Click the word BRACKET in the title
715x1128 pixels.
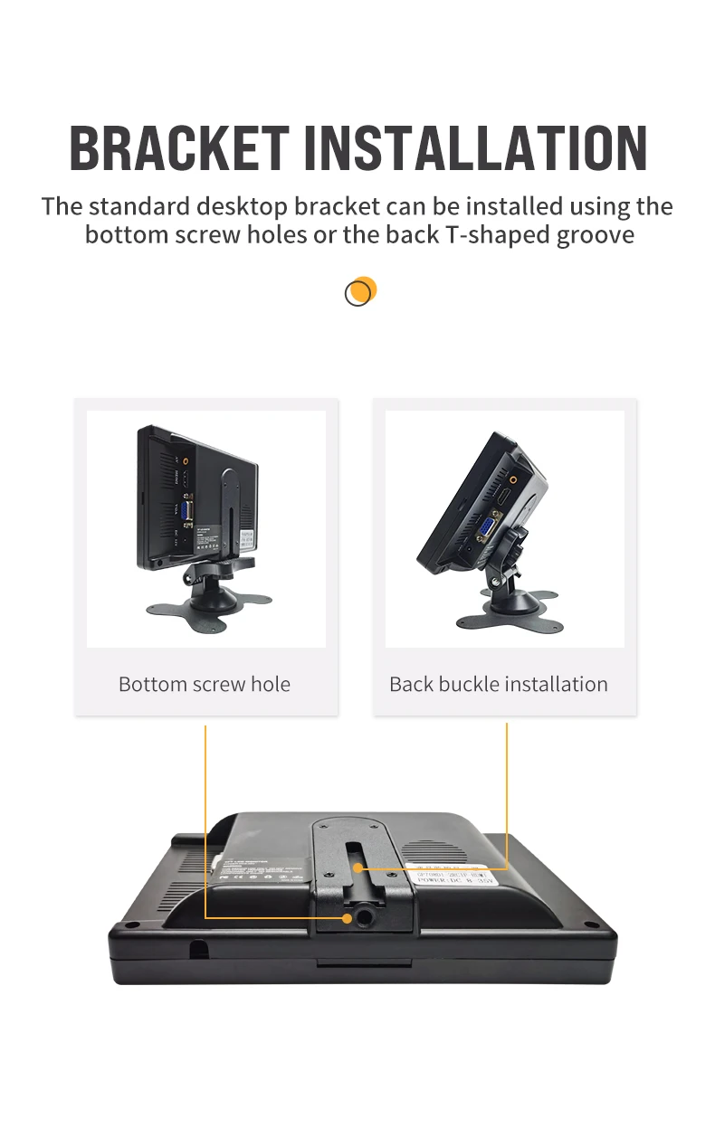pyautogui.click(x=178, y=148)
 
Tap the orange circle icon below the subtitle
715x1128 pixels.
pyautogui.click(x=360, y=291)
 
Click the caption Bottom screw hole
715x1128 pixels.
pyautogui.click(x=205, y=684)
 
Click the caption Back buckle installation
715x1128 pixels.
pyautogui.click(x=499, y=684)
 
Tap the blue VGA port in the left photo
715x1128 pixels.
pyautogui.click(x=186, y=513)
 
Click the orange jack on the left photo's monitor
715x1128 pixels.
pyautogui.click(x=186, y=460)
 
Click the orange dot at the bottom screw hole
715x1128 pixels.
pyautogui.click(x=348, y=918)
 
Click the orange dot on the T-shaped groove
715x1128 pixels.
pyautogui.click(x=358, y=867)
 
